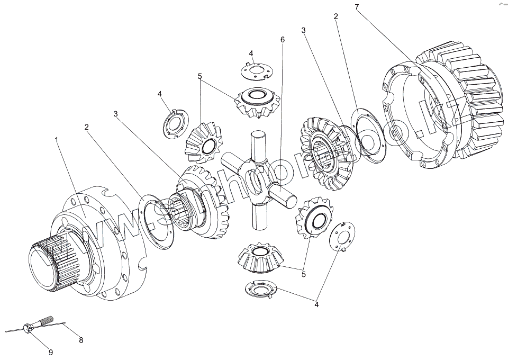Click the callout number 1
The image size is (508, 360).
click(56, 140)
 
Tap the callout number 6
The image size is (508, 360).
click(283, 40)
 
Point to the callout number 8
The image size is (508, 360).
click(81, 340)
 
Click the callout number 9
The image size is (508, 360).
click(51, 352)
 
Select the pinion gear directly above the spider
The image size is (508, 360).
click(257, 100)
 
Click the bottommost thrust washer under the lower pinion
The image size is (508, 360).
click(261, 289)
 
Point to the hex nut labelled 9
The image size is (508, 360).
click(29, 328)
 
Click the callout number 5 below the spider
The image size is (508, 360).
click(304, 274)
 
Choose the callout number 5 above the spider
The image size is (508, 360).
click(200, 76)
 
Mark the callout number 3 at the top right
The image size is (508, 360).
click(303, 31)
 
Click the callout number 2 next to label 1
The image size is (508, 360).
click(86, 127)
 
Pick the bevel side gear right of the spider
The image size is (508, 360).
click(324, 154)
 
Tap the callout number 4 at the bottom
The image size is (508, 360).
click(316, 304)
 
